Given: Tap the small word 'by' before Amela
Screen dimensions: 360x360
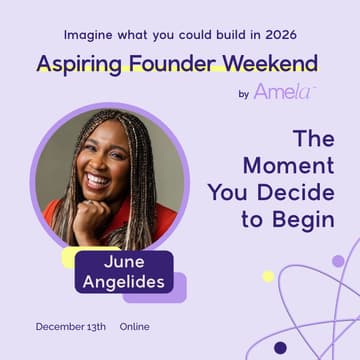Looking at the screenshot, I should pyautogui.click(x=244, y=95).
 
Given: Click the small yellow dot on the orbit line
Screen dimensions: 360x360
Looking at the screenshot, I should pyautogui.click(x=268, y=276).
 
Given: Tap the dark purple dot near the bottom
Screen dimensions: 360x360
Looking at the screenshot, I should pyautogui.click(x=280, y=348).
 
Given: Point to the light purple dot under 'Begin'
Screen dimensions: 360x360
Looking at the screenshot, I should pyautogui.click(x=338, y=261).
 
